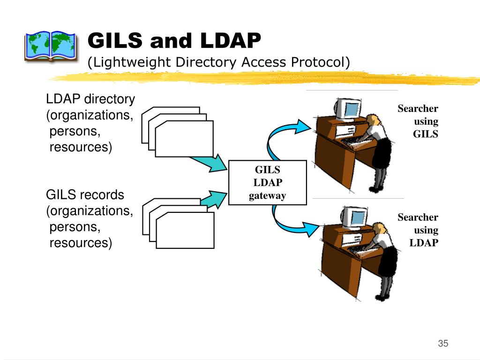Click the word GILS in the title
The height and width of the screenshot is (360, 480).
point(115,41)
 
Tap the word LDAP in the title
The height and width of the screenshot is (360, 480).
point(230,41)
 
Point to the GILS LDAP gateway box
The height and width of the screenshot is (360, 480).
point(267,182)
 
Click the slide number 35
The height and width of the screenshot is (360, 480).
point(443,344)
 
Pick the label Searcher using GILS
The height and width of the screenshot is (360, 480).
point(418,121)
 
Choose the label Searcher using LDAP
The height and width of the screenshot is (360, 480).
point(418,230)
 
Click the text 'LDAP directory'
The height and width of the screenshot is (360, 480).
point(90,99)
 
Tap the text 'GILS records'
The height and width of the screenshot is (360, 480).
point(85,195)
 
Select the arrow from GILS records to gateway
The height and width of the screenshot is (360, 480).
point(213,199)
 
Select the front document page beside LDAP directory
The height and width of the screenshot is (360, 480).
point(184,138)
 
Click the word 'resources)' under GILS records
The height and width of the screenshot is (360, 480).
point(81,243)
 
